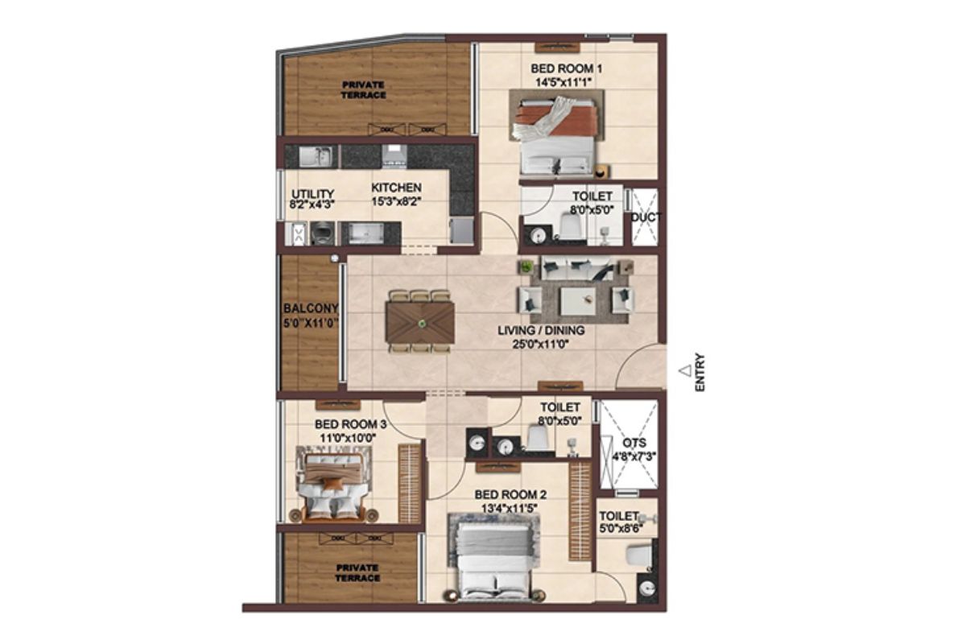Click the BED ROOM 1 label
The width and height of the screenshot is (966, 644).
(566, 68)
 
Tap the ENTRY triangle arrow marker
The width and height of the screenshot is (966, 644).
(685, 370)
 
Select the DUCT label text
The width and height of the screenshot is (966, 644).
(646, 218)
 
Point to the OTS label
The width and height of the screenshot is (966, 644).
(634, 443)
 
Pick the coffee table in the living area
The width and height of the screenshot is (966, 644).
(578, 300)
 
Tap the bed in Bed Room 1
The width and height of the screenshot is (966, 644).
(556, 136)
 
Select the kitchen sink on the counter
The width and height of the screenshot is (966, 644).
(316, 157)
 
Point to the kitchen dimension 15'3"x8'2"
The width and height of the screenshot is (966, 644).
(396, 201)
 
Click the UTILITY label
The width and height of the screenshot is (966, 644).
(312, 194)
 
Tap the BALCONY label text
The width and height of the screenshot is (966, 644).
(311, 308)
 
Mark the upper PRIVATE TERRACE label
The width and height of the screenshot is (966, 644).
(364, 89)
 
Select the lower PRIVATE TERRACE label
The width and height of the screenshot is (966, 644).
(357, 573)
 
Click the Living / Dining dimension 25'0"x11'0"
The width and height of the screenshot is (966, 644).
(541, 345)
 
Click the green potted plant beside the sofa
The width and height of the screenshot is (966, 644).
(525, 267)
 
